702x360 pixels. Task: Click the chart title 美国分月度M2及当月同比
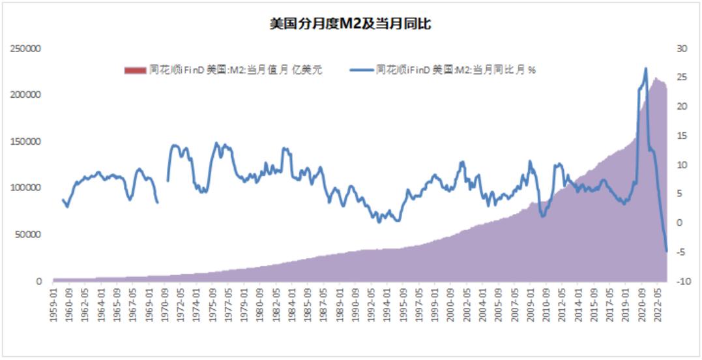tap(351, 25)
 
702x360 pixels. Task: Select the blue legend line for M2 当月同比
tap(360, 70)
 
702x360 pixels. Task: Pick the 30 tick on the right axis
tap(682, 48)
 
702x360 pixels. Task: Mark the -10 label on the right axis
tap(683, 282)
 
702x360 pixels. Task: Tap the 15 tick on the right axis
tap(682, 136)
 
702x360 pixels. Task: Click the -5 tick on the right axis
tap(682, 252)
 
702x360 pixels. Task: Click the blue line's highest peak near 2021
tap(645, 68)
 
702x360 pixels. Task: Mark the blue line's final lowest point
tap(666, 251)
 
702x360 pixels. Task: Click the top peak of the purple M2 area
tap(656, 78)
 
